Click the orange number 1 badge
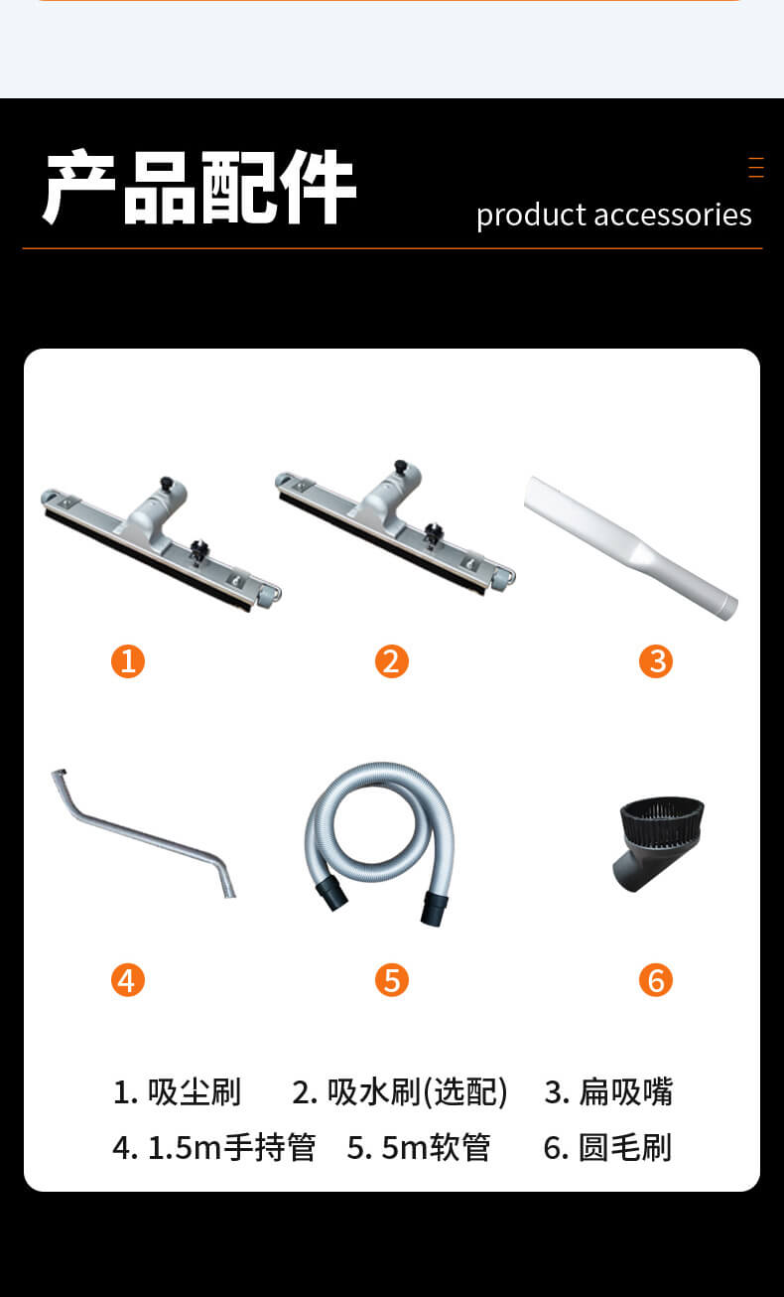[x=128, y=661]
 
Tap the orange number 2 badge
[x=392, y=661]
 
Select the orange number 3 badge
[x=656, y=661]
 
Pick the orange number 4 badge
[x=128, y=979]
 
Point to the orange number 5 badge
[x=392, y=979]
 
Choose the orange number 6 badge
[x=656, y=979]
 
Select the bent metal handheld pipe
[x=145, y=835]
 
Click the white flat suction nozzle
[x=630, y=548]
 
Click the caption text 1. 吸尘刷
[x=177, y=1092]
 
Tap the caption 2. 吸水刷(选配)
[x=400, y=1092]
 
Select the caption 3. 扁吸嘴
[x=608, y=1092]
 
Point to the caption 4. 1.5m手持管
[x=214, y=1147]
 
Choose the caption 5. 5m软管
[x=419, y=1147]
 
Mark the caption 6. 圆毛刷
[x=607, y=1147]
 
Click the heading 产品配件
[x=199, y=187]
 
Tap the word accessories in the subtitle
[x=673, y=215]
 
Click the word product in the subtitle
[x=531, y=216]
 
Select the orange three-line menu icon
[x=756, y=167]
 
